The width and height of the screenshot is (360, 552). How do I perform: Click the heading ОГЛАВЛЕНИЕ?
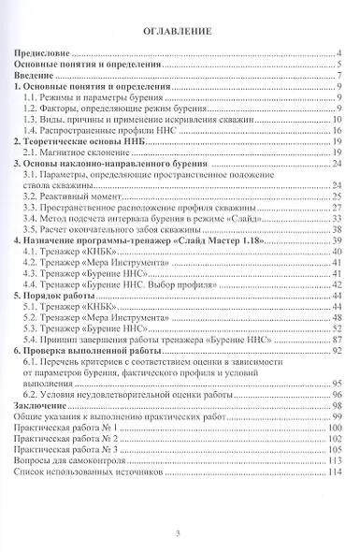click(x=179, y=31)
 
